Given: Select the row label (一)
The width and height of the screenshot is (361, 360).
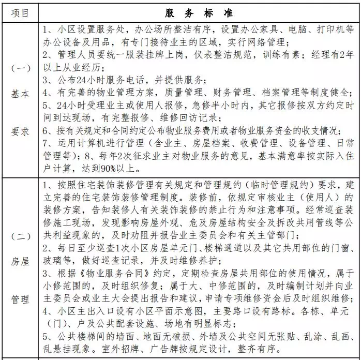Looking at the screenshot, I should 20,68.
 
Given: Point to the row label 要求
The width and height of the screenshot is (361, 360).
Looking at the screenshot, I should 20,131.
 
